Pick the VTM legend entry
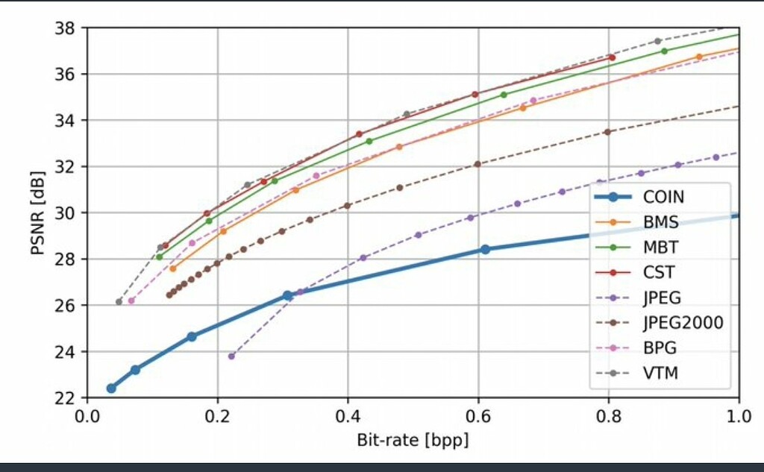[661, 373]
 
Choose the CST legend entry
[659, 273]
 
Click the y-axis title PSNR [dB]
[37, 213]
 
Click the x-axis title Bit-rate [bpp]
[413, 441]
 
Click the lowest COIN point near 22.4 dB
[111, 388]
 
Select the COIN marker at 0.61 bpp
[485, 249]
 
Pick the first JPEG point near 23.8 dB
[231, 356]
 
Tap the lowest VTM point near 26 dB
[119, 302]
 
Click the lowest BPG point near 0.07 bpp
[131, 300]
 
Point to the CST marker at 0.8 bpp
[612, 57]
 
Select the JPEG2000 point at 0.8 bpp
[607, 132]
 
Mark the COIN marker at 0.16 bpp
[192, 336]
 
